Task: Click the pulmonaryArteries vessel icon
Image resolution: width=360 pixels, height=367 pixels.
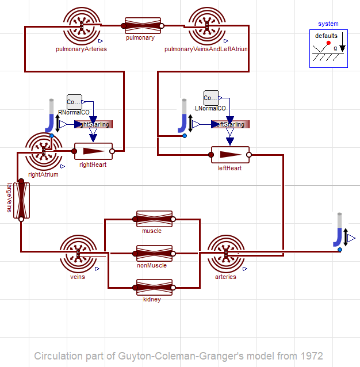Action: click(82, 25)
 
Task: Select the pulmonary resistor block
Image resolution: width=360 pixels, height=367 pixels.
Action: click(143, 25)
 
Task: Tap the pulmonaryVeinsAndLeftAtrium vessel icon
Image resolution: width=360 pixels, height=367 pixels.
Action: click(206, 25)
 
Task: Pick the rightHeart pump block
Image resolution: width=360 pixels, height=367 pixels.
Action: click(93, 151)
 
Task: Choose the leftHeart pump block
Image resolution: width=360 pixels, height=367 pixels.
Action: click(230, 154)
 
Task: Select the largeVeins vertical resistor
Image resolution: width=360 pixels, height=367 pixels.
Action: click(21, 200)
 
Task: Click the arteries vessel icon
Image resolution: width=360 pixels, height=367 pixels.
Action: click(225, 253)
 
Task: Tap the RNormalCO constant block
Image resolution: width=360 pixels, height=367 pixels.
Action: click(74, 102)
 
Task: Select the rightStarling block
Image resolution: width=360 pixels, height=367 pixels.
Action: click(93, 124)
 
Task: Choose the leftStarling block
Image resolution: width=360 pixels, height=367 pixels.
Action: click(229, 124)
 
